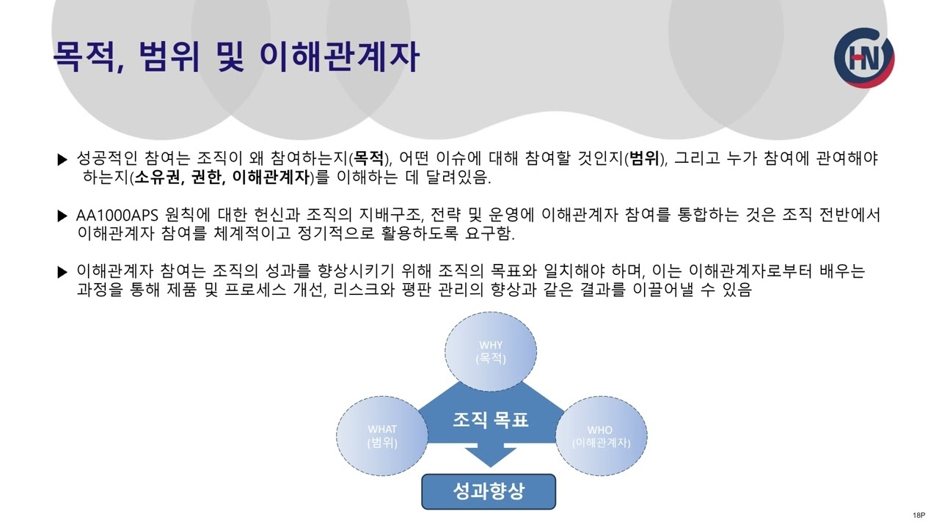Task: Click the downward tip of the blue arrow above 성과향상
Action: point(490,467)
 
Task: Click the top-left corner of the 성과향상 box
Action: point(422,474)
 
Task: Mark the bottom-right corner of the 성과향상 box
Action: point(556,510)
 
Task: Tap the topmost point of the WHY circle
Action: point(491,312)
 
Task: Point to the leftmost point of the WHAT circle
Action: point(336,436)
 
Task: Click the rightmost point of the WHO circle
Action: point(647,436)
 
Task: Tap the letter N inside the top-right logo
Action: point(870,59)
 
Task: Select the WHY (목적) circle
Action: point(491,351)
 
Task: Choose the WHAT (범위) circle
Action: point(382,436)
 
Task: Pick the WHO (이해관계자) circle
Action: point(601,436)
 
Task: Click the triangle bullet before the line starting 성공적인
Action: point(62,159)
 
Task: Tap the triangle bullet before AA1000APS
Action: point(62,216)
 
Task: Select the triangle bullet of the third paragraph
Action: point(62,272)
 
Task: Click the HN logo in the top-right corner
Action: point(864,58)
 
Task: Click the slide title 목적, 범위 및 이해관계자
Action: point(236,56)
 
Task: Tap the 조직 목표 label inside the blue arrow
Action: point(491,419)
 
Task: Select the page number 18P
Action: point(919,515)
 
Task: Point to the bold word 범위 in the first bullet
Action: point(644,158)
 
